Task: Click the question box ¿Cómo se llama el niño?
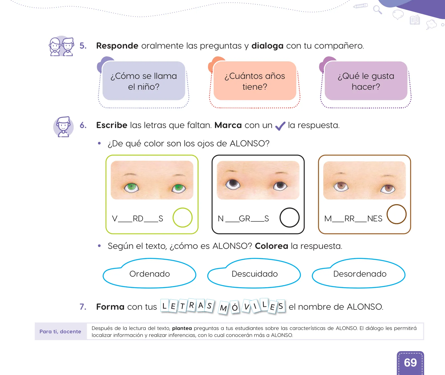pyautogui.click(x=144, y=81)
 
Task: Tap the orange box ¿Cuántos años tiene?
pyautogui.click(x=255, y=81)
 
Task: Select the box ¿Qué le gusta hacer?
pyautogui.click(x=366, y=81)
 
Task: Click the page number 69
pyautogui.click(x=410, y=362)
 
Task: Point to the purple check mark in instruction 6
pyautogui.click(x=280, y=126)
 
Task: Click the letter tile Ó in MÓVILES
pyautogui.click(x=235, y=307)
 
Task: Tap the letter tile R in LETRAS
pyautogui.click(x=192, y=305)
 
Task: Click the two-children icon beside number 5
pyautogui.click(x=61, y=46)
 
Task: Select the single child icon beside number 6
pyautogui.click(x=63, y=127)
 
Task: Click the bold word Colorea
pyautogui.click(x=271, y=246)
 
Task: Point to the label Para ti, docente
pyautogui.click(x=60, y=331)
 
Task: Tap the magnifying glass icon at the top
pyautogui.click(x=377, y=10)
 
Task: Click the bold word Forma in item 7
pyautogui.click(x=110, y=307)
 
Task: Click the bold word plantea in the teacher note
pyautogui.click(x=182, y=328)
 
